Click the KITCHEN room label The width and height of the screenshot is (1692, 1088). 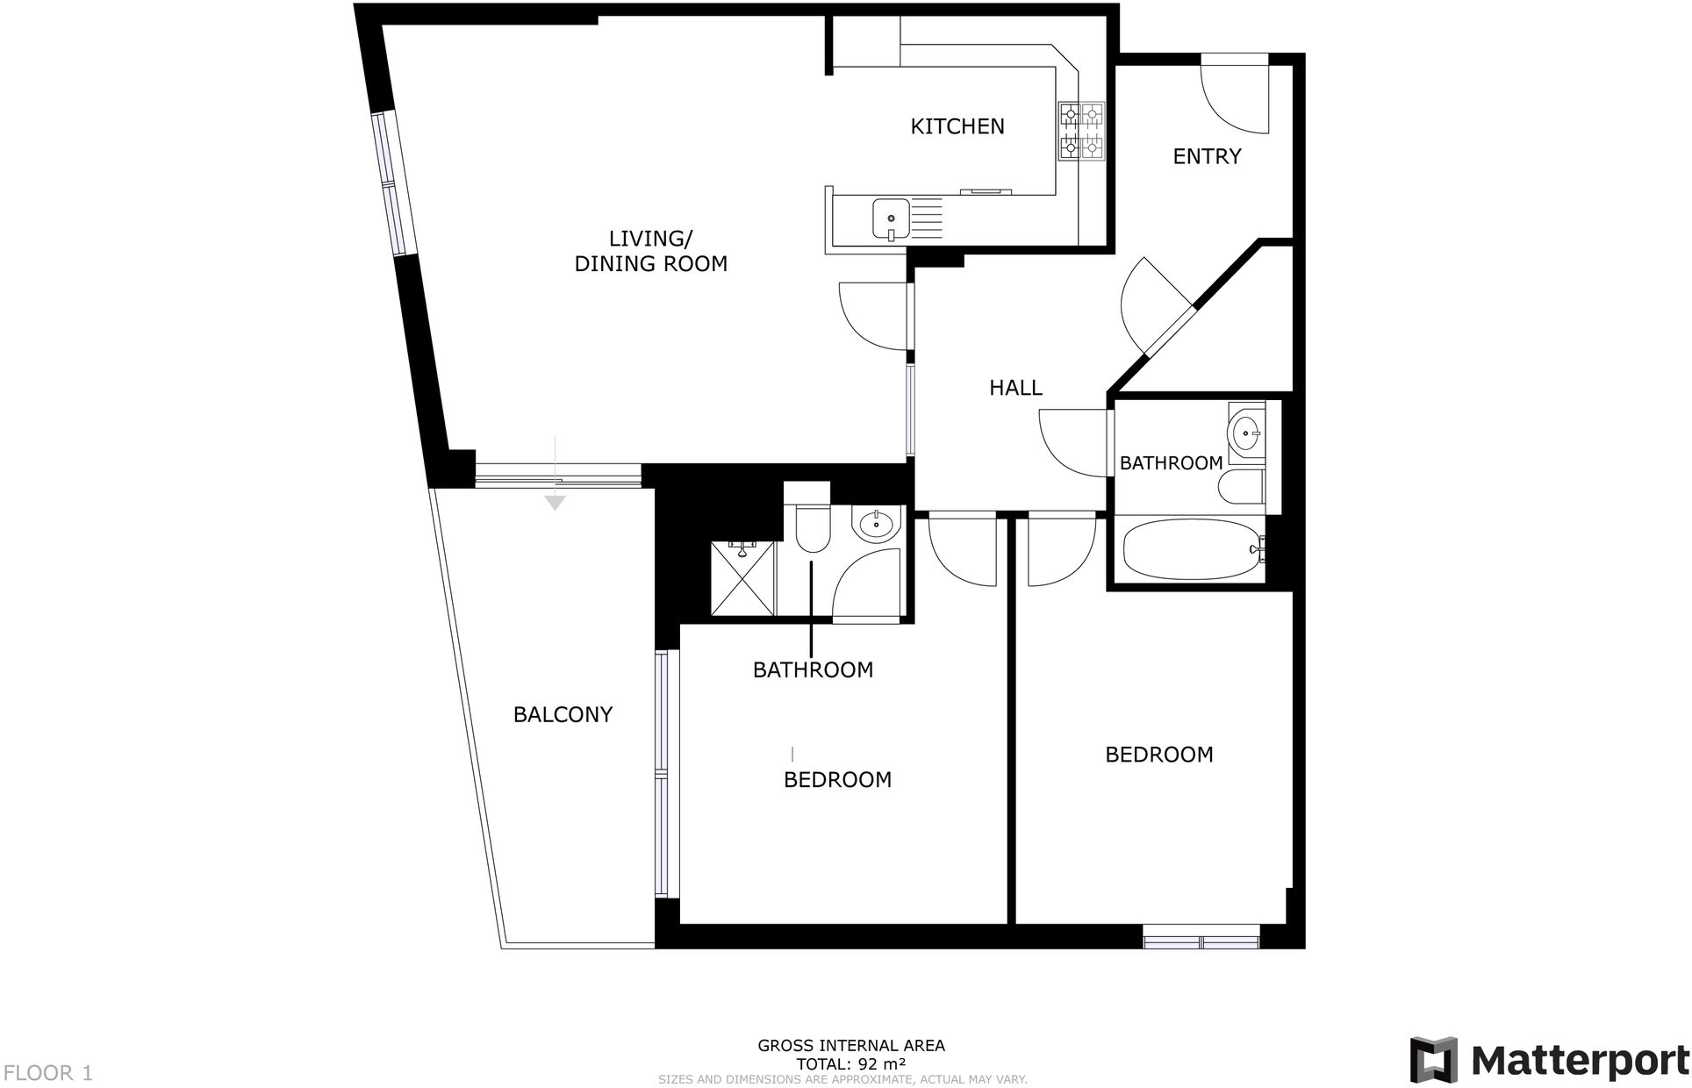point(957,126)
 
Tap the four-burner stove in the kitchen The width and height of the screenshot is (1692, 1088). point(1080,132)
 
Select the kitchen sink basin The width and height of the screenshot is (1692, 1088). point(890,218)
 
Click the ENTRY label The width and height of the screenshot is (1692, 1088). point(1207,156)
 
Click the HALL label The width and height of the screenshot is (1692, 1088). point(1015,388)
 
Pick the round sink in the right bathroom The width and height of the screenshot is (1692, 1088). point(1246,433)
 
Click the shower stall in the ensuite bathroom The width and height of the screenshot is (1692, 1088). point(742,578)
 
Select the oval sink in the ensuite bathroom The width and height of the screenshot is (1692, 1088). point(876,526)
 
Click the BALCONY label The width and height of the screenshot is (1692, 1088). point(563,714)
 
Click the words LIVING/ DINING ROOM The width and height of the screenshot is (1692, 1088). point(650,251)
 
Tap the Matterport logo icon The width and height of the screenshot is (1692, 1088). point(1433,1059)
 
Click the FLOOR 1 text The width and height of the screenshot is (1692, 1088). point(48,1072)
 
